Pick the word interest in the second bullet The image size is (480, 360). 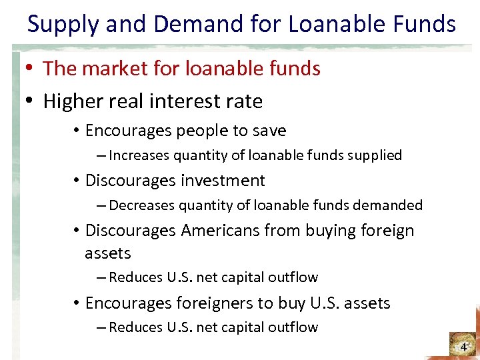tap(187, 101)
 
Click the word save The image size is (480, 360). tap(267, 131)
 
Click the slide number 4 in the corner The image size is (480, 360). tap(463, 347)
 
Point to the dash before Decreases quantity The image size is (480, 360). tap(100, 205)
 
